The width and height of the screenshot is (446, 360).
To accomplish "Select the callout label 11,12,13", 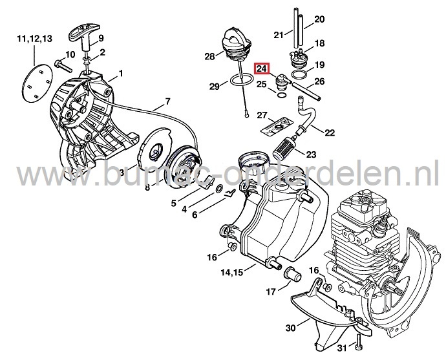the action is [x=34, y=40].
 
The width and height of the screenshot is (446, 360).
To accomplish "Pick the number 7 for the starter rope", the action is [x=167, y=101].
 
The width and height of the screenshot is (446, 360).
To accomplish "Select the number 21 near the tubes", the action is [x=279, y=34].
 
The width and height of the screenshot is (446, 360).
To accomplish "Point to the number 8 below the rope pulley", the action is [x=147, y=188].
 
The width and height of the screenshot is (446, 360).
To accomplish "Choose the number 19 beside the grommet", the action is [x=319, y=65].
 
